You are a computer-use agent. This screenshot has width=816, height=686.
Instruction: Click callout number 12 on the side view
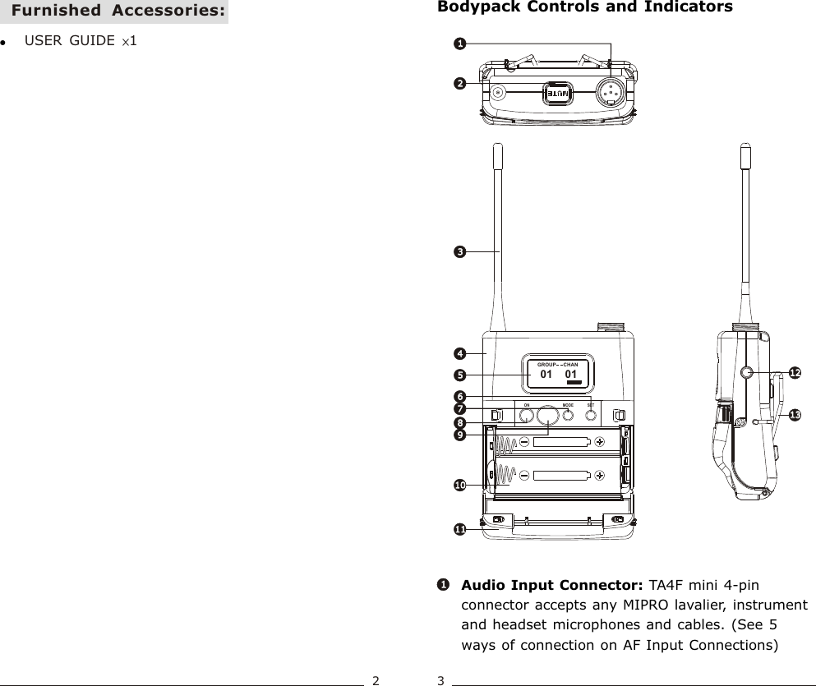click(x=795, y=373)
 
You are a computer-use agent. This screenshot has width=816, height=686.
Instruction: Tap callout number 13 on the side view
click(x=794, y=416)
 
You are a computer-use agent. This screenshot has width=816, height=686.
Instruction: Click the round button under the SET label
click(x=591, y=416)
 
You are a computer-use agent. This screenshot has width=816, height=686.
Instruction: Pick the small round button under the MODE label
click(x=568, y=416)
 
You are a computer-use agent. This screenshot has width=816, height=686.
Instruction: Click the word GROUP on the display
click(x=545, y=364)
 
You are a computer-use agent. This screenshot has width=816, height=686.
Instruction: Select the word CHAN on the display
click(x=570, y=364)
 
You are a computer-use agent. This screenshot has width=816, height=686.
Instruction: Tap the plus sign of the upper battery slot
click(x=600, y=442)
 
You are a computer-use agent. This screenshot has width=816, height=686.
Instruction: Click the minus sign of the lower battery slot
click(x=524, y=475)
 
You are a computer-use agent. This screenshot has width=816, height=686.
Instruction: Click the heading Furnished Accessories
click(x=119, y=12)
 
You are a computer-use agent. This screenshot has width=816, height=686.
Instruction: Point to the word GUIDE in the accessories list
click(x=92, y=41)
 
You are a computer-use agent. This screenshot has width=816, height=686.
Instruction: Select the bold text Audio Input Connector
click(x=552, y=586)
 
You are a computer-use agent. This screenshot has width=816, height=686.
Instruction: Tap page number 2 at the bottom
click(x=376, y=679)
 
